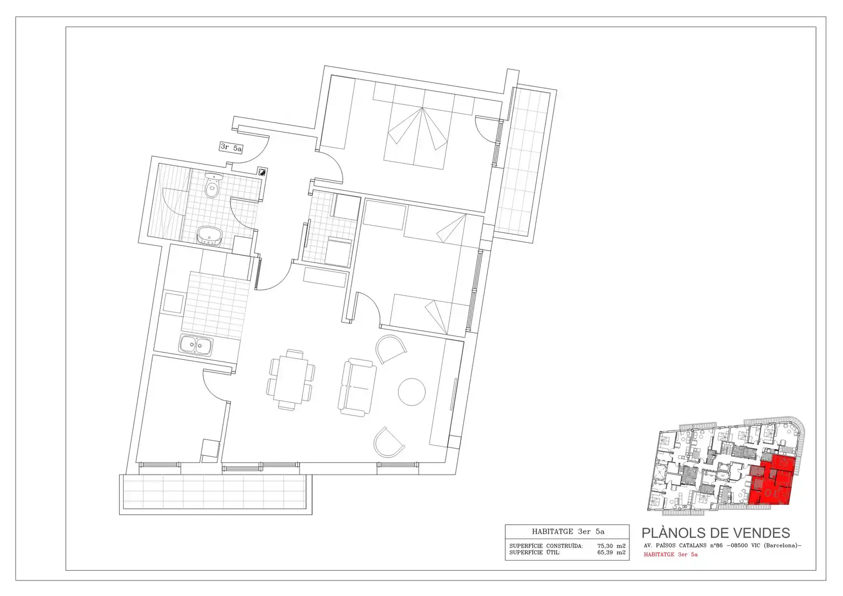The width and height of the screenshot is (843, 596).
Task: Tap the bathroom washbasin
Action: tap(209, 235)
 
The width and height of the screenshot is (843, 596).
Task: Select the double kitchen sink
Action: tap(195, 344)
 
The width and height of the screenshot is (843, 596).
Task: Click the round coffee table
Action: tap(412, 392)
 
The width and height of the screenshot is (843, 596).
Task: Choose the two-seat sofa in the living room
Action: tap(357, 387)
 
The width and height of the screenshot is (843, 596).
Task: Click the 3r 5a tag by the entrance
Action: tap(231, 147)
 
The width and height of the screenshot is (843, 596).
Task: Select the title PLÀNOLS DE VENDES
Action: tap(716, 533)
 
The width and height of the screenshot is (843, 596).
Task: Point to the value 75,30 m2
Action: tap(611, 546)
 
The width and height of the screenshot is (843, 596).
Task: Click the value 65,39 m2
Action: tap(611, 552)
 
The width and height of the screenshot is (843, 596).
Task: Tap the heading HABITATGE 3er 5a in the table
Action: tap(568, 531)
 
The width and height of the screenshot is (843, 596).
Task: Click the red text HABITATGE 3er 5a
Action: tap(671, 554)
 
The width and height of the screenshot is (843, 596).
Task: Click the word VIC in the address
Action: tap(755, 546)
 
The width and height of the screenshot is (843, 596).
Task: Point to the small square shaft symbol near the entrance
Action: tap(262, 172)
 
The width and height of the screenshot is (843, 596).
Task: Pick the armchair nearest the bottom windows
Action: tap(389, 443)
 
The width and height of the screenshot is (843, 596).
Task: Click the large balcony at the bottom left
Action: tap(216, 494)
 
